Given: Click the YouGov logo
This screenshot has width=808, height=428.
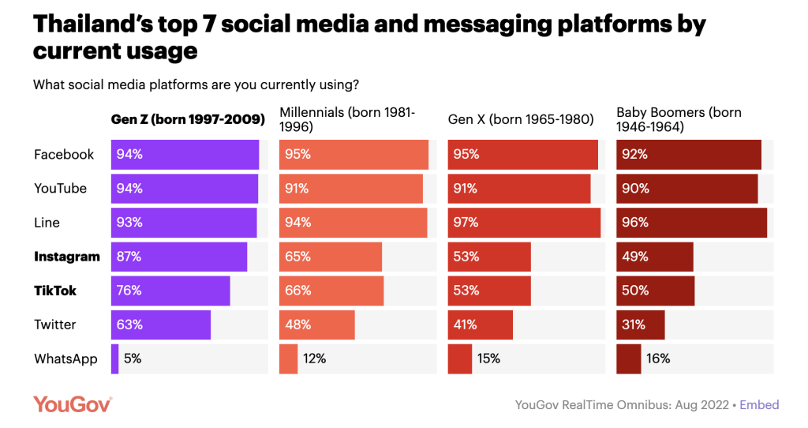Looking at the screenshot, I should click(x=73, y=404).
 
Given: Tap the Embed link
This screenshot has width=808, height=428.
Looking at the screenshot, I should click(x=759, y=405).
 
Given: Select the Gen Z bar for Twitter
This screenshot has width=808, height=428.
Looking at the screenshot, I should click(x=161, y=325).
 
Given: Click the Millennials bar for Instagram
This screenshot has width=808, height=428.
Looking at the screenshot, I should click(x=331, y=257).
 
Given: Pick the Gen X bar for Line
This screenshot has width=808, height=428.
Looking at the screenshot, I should click(x=524, y=223).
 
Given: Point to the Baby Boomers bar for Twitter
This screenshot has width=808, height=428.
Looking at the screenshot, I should click(x=641, y=325).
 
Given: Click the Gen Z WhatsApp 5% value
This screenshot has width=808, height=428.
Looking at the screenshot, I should click(x=133, y=359).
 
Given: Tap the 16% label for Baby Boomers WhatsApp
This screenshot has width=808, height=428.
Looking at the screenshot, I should click(x=658, y=359).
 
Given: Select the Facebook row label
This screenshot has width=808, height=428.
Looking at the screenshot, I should click(x=64, y=155).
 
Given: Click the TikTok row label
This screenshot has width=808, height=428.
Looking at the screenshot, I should click(x=55, y=291).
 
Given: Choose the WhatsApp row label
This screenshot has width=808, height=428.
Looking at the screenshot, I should click(x=65, y=359).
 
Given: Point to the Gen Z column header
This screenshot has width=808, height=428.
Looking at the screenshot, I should click(x=188, y=120).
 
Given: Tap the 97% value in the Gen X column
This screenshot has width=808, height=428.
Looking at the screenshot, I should click(x=466, y=223).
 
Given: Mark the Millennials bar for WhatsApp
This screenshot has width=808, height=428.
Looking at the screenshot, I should click(x=289, y=359).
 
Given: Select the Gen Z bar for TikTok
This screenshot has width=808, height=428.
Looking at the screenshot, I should click(x=170, y=291).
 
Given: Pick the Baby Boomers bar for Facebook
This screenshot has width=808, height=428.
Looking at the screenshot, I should click(x=688, y=155).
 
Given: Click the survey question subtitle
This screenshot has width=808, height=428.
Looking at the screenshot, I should click(x=196, y=84).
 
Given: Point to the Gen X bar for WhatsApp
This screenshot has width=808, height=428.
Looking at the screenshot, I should click(x=460, y=359).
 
